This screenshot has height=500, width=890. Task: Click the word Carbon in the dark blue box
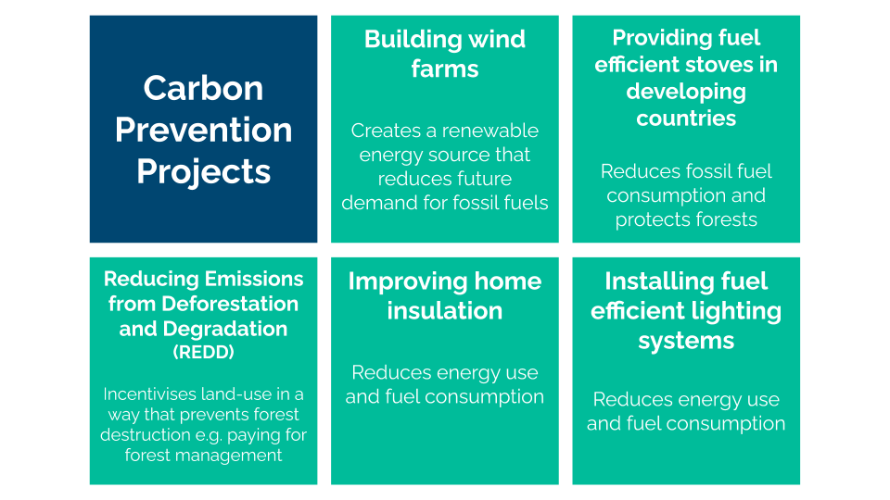203,89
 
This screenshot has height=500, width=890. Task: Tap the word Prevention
203,130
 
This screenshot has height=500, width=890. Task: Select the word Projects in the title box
203,172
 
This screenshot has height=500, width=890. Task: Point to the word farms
445,69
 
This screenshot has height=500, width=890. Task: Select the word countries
686,119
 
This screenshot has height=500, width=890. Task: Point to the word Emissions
254,279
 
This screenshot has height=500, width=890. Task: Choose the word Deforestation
230,304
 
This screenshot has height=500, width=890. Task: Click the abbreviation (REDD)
203,352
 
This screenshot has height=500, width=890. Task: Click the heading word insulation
445,311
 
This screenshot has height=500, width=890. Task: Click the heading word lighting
737,312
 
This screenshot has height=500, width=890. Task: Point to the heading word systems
686,342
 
